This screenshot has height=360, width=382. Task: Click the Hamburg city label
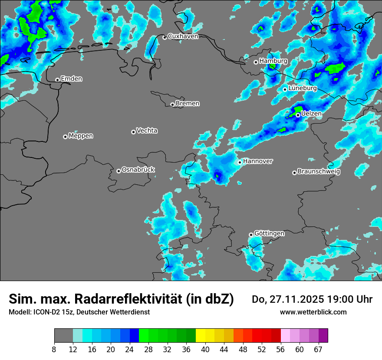click(x=273, y=61)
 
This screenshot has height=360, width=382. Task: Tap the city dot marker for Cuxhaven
click(x=165, y=37)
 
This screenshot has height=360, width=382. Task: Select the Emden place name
click(x=71, y=79)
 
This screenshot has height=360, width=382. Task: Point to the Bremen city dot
click(x=172, y=105)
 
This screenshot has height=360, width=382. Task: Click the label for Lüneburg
click(x=302, y=88)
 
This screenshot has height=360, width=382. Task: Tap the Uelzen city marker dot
click(x=298, y=115)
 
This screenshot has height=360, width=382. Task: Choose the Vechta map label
click(x=147, y=131)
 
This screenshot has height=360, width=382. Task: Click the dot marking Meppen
click(x=65, y=137)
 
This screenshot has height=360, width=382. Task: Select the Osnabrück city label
click(x=138, y=170)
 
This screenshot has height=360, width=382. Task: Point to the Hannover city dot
click(x=240, y=162)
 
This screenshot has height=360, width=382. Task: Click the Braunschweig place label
click(x=319, y=171)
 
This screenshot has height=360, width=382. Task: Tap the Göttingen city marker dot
click(x=251, y=235)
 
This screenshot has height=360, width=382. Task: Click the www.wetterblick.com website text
click(x=313, y=312)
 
